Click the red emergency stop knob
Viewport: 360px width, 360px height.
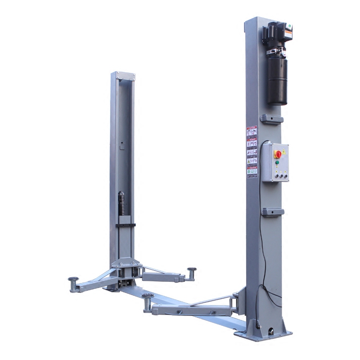[x=279, y=154]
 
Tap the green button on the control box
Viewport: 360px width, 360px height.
[x=277, y=162]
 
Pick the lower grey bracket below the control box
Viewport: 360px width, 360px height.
[x=272, y=211]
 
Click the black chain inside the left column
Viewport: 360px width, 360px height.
[x=121, y=205]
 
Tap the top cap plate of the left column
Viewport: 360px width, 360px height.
[x=123, y=75]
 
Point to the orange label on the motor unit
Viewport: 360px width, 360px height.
[x=288, y=34]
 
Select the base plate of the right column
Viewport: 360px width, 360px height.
[x=263, y=333]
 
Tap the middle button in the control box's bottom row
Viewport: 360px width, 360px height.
[x=279, y=177]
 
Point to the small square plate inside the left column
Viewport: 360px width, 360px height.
[x=121, y=145]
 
